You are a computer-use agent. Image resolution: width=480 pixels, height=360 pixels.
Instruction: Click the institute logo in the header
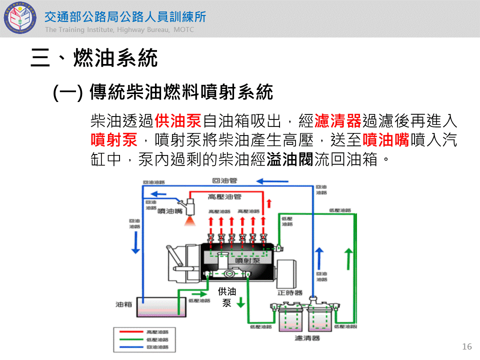[20, 18]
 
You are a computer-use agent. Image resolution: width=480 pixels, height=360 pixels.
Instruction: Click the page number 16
[467, 346]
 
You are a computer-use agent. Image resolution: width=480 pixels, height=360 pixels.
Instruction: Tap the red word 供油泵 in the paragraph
[178, 120]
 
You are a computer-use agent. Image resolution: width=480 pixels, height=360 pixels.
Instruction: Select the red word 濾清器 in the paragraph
[337, 120]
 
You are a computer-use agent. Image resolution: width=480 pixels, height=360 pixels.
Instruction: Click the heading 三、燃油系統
[94, 58]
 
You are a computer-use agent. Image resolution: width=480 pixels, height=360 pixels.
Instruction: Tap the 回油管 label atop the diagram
[224, 180]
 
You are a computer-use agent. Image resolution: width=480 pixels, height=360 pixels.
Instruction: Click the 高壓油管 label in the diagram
[224, 196]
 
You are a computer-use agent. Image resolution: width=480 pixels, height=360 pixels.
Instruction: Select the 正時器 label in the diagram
[290, 292]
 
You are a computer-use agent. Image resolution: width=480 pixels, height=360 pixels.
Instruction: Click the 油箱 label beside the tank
[123, 303]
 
